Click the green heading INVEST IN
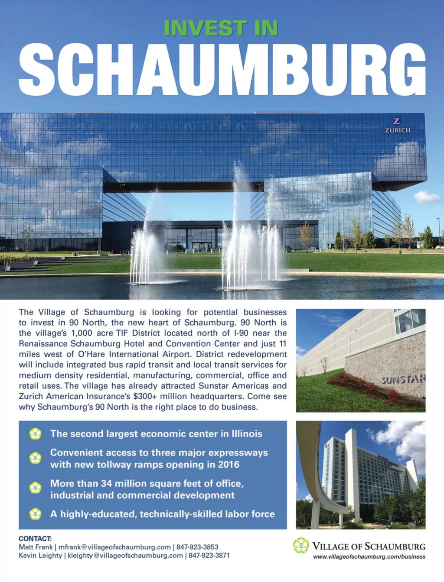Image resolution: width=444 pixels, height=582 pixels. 221,28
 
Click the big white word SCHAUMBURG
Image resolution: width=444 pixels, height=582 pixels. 222,70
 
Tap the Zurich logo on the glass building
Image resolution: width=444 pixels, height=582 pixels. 397,125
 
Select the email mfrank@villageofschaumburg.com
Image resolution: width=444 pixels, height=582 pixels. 114,547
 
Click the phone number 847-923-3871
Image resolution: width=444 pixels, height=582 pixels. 209,555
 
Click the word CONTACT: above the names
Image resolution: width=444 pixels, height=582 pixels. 35,539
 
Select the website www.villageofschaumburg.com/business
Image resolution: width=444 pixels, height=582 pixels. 369,557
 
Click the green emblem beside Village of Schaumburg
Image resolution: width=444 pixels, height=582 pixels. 301,545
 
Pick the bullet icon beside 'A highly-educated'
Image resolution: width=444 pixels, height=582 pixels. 35,514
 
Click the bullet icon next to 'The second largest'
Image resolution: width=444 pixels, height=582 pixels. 35,433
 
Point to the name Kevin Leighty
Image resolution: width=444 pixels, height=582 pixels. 40,555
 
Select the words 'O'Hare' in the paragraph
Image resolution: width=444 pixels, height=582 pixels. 91,354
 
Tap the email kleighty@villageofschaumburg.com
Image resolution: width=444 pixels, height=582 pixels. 125,555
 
